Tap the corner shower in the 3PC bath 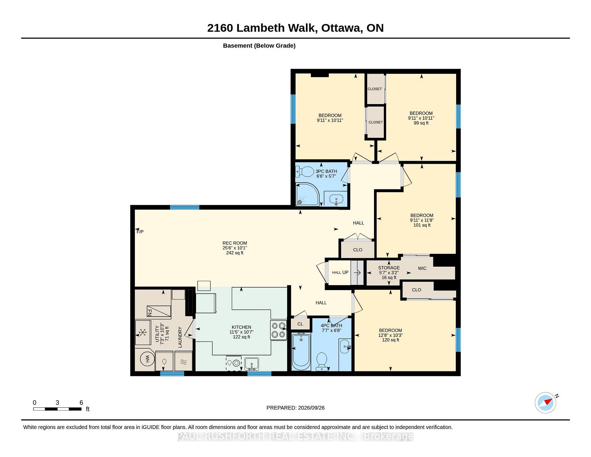(307, 194)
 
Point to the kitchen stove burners (279, 330)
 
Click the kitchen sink (251, 364)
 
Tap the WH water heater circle (147, 359)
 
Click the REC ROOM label (235, 243)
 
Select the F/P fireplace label (140, 232)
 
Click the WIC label (422, 268)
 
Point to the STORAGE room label (389, 268)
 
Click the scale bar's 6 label (81, 402)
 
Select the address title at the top (295, 28)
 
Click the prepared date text (295, 408)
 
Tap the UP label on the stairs (345, 272)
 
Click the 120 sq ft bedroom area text (391, 340)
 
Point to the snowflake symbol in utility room (143, 333)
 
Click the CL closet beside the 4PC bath (300, 324)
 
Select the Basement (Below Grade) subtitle (259, 46)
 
